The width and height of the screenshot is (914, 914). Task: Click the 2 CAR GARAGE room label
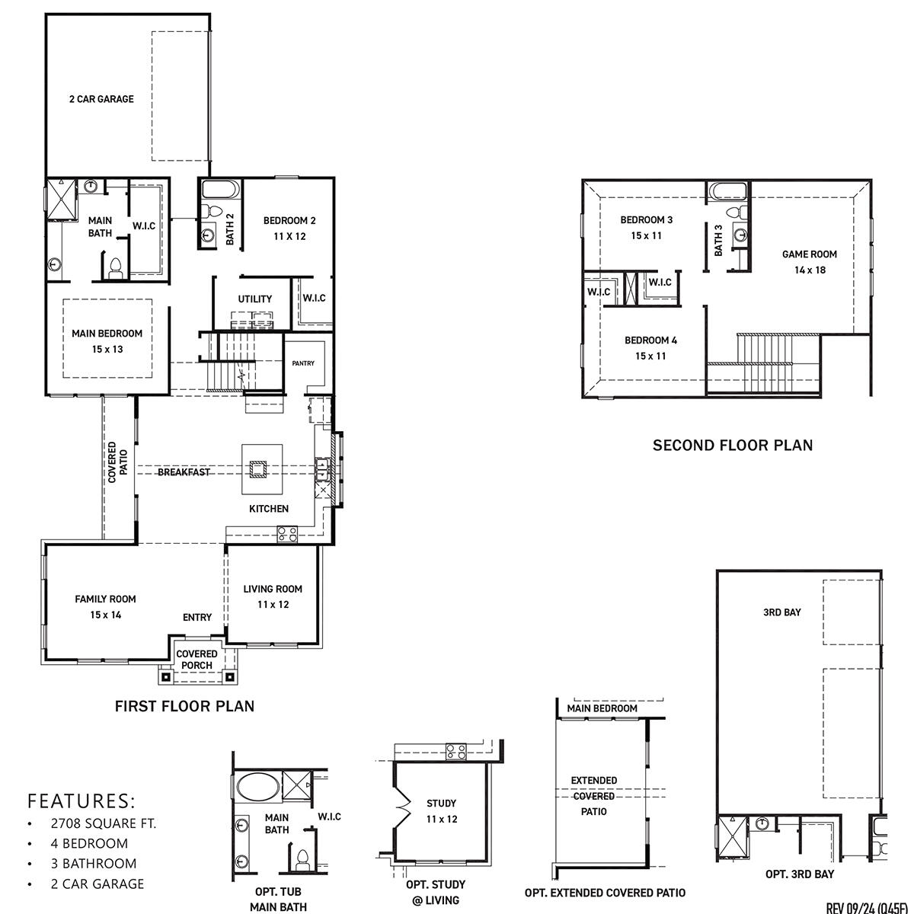click(x=101, y=99)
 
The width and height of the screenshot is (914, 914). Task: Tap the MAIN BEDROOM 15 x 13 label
click(x=107, y=341)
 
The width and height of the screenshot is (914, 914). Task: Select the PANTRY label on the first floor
click(x=303, y=363)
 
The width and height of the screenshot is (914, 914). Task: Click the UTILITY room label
click(x=254, y=299)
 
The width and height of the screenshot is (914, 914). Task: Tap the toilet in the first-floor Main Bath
click(x=116, y=267)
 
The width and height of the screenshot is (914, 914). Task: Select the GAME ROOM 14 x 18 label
click(x=809, y=262)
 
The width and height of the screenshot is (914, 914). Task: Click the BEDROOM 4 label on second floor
click(x=650, y=348)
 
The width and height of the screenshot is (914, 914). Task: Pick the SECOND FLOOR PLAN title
click(x=732, y=446)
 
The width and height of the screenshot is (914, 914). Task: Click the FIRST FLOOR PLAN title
click(x=184, y=706)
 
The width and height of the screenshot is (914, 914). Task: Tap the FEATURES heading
click(x=81, y=801)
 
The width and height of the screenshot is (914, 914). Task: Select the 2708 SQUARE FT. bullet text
click(x=103, y=823)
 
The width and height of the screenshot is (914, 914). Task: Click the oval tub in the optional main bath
click(x=257, y=785)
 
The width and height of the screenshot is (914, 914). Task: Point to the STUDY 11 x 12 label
click(x=442, y=811)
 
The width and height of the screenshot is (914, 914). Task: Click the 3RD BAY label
click(x=781, y=612)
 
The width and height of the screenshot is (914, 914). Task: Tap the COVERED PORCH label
click(x=197, y=660)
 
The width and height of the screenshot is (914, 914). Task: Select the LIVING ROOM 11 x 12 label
click(x=273, y=596)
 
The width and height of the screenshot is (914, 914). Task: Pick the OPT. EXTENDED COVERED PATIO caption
click(x=605, y=893)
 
